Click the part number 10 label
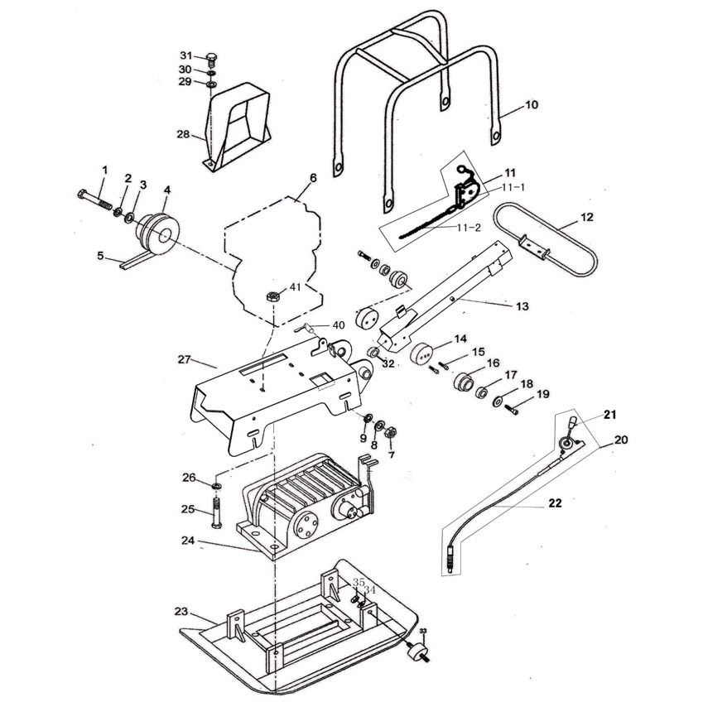(532, 105)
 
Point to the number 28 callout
(183, 133)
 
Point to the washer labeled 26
(216, 483)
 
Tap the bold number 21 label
(610, 413)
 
